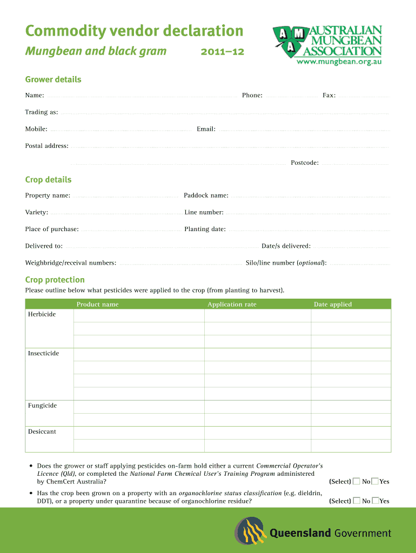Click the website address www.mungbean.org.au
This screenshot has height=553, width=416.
pyautogui.click(x=339, y=62)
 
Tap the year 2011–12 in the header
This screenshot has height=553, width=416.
pyautogui.click(x=222, y=52)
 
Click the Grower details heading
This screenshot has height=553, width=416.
pyautogui.click(x=53, y=79)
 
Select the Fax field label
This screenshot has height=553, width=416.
pyautogui.click(x=329, y=96)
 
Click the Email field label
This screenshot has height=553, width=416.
pyautogui.click(x=206, y=129)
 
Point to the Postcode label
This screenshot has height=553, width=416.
pyautogui.click(x=305, y=163)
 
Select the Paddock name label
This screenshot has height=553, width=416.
pyautogui.click(x=206, y=195)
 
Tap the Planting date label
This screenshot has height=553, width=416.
pyautogui.click(x=205, y=229)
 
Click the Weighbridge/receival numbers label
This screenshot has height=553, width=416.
pyautogui.click(x=70, y=263)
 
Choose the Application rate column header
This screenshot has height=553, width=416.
pyautogui.click(x=232, y=305)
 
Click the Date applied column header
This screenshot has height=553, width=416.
pyautogui.click(x=332, y=305)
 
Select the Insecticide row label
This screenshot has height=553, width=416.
pyautogui.click(x=43, y=353)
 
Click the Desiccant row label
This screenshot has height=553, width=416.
pyautogui.click(x=42, y=431)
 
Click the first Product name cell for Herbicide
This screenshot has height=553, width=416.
pyautogui.click(x=139, y=315)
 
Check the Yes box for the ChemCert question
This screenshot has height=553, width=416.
pyautogui.click(x=375, y=481)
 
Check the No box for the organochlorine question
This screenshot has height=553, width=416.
pyautogui.click(x=357, y=501)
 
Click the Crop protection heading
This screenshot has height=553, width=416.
pyautogui.click(x=55, y=280)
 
